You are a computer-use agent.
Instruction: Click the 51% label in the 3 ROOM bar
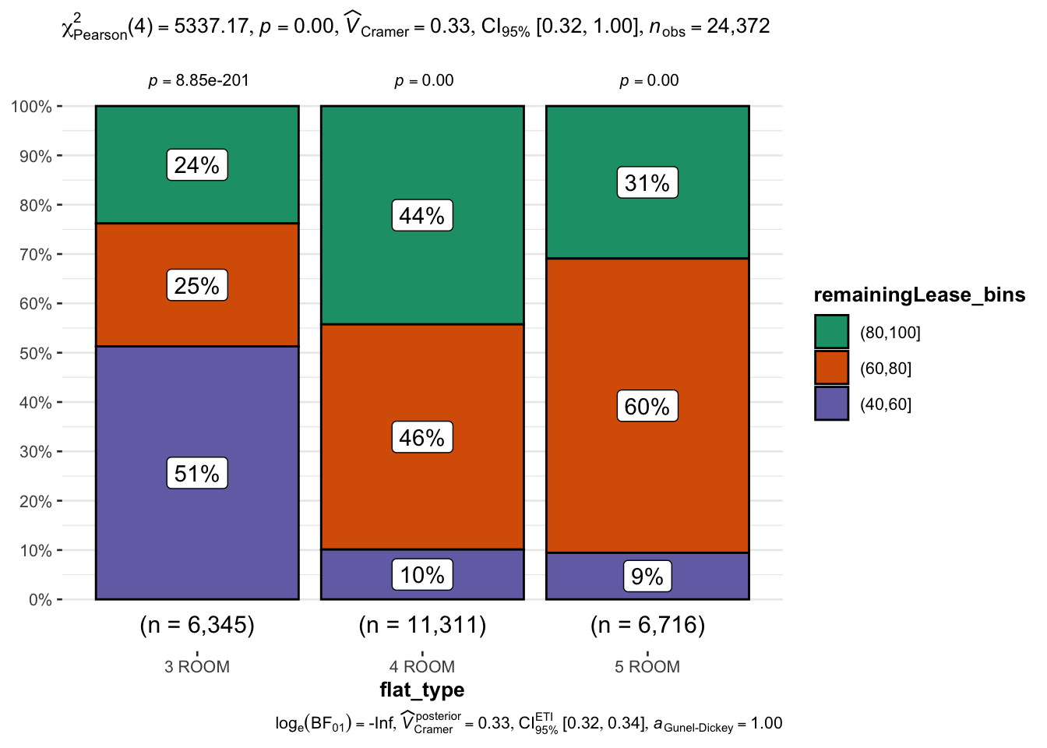pyautogui.click(x=197, y=473)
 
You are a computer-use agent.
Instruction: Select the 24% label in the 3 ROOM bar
pyautogui.click(x=197, y=165)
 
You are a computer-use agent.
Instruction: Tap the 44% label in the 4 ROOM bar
pyautogui.click(x=421, y=216)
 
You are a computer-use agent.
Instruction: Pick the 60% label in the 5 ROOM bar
pyautogui.click(x=647, y=406)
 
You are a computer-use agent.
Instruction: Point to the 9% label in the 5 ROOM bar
pyautogui.click(x=647, y=577)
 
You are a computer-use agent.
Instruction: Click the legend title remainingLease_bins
pyautogui.click(x=919, y=295)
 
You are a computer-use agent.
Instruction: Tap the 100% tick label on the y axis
pyautogui.click(x=31, y=107)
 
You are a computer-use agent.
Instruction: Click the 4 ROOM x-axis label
pyautogui.click(x=421, y=667)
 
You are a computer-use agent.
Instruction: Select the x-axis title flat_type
pyautogui.click(x=421, y=690)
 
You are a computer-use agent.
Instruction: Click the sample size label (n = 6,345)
pyautogui.click(x=197, y=625)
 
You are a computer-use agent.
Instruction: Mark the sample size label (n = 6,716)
pyautogui.click(x=647, y=625)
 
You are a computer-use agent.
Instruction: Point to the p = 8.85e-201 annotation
pyautogui.click(x=199, y=81)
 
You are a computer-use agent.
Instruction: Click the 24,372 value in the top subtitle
pyautogui.click(x=738, y=26)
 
